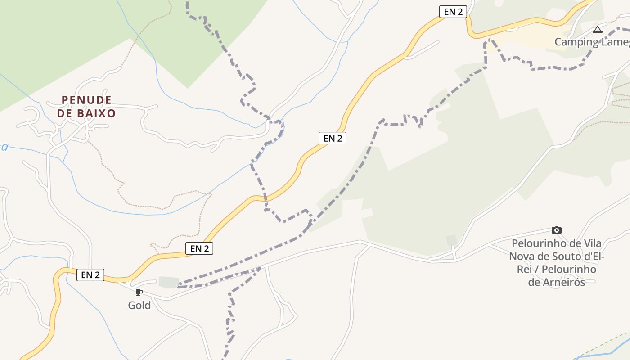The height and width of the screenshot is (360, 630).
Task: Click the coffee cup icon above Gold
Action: (139, 292)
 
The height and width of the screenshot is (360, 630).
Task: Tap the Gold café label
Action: (139, 306)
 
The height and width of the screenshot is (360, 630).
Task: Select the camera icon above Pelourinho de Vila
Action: (557, 230)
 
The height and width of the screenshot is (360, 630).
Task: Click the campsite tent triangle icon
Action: (598, 30)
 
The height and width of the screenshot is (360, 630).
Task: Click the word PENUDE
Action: (86, 100)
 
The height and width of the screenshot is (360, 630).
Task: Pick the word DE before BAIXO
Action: (65, 113)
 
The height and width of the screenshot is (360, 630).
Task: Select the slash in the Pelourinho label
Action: (536, 270)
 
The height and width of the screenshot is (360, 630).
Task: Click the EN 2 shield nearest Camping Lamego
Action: (453, 12)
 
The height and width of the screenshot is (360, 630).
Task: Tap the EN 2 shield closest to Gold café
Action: (90, 275)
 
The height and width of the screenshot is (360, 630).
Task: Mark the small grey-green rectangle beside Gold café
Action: (169, 282)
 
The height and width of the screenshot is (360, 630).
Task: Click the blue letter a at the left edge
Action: (4, 147)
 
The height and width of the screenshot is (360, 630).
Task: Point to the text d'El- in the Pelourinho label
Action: (591, 257)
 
